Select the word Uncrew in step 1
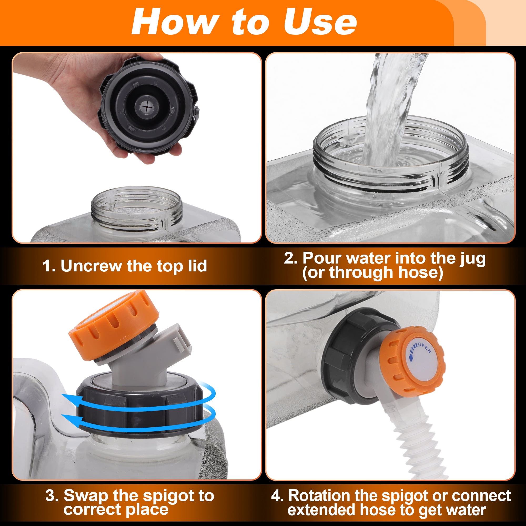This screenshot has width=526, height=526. tap(91, 266)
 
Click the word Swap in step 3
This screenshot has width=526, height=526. tap(85, 495)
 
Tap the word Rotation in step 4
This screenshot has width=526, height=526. tap(320, 495)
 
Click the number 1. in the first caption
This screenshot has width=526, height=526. tap(49, 266)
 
